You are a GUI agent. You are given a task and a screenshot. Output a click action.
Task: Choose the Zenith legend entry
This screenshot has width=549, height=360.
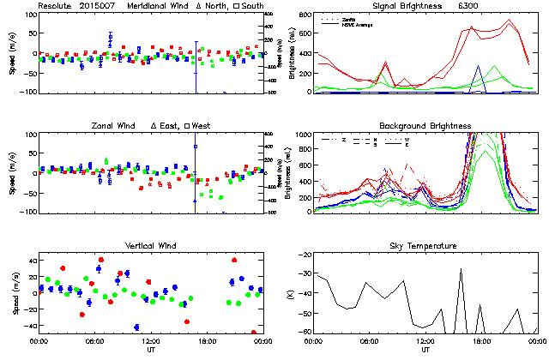coord(348,17)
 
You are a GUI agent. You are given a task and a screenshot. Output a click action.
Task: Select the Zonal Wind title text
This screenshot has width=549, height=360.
coord(113,126)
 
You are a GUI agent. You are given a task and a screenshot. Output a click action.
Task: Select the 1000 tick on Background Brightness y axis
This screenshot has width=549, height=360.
coord(301,135)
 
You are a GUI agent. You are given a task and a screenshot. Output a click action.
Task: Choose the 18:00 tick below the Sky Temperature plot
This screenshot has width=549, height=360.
coord(482,341)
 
